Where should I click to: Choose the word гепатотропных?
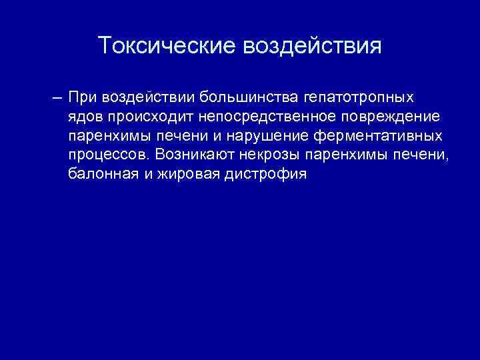359,98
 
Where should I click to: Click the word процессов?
108,155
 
